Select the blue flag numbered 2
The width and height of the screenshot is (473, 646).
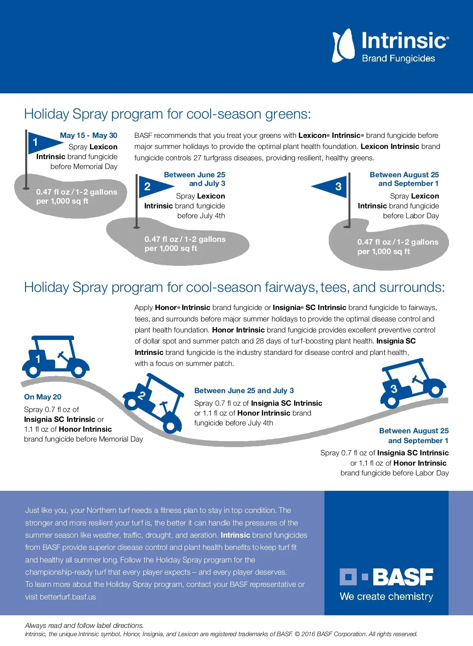click(x=154, y=186)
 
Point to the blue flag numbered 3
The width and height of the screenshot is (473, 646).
click(x=331, y=186)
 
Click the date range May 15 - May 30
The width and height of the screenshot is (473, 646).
click(x=88, y=136)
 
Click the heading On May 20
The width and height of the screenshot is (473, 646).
click(x=43, y=397)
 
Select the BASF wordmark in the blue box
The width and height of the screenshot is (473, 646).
click(x=402, y=577)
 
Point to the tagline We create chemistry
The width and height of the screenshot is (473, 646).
click(x=386, y=596)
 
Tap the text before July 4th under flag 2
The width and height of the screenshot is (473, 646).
click(x=201, y=216)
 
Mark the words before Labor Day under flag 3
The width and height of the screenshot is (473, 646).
click(x=411, y=216)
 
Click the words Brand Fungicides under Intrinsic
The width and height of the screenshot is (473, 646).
click(x=398, y=59)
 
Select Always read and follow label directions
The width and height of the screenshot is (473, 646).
click(x=84, y=626)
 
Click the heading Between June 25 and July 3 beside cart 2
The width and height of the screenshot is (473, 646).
click(x=244, y=391)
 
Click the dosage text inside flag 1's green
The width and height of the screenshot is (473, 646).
click(x=76, y=197)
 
